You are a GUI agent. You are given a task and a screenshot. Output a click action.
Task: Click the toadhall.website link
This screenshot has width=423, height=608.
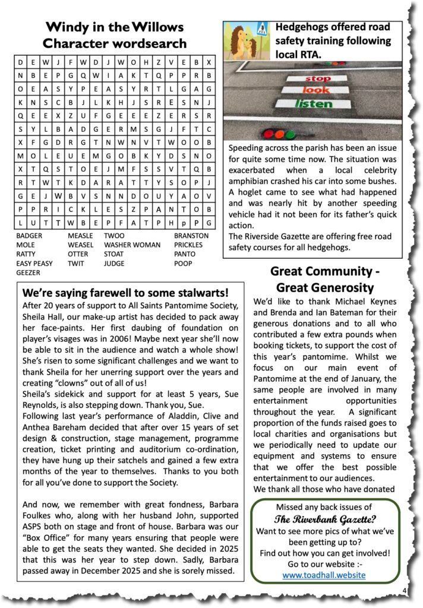click(324, 575)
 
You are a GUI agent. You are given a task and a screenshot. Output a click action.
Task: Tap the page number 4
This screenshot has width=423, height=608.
click(404, 591)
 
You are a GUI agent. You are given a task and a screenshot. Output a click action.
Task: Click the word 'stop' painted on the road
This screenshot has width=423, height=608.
click(317, 78)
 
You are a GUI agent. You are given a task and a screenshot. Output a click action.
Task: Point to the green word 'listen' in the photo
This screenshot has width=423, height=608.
click(314, 104)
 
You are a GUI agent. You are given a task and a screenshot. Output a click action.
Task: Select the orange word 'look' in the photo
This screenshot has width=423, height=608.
click(315, 91)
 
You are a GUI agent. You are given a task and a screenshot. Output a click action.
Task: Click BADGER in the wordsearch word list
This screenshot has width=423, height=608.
click(30, 235)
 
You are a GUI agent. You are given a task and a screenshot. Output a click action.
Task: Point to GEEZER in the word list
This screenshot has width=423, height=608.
click(29, 273)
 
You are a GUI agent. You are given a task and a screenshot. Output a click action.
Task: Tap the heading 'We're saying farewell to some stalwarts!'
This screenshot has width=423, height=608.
click(125, 293)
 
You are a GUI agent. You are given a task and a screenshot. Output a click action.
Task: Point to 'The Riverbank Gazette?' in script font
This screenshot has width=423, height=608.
click(324, 518)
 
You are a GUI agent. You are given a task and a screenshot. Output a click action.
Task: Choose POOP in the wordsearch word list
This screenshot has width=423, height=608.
click(182, 264)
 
